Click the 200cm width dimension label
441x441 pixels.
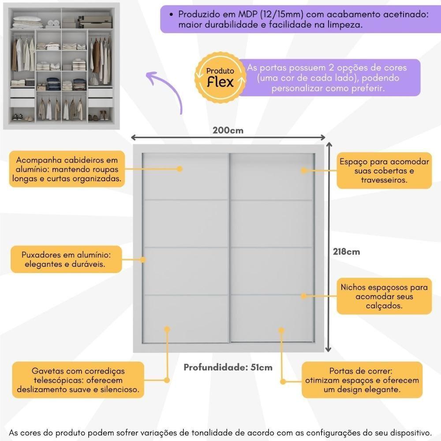coord(228,130)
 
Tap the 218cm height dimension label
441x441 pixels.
coord(346,252)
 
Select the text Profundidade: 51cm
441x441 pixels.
coord(228,367)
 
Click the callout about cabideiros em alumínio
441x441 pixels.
coord(66,169)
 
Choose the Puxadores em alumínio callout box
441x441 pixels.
coord(66,260)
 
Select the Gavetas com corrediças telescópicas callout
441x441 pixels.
coord(78,380)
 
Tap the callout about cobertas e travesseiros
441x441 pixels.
coord(384,171)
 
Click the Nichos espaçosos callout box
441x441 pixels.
coord(384,296)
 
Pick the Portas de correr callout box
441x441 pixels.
coord(361,381)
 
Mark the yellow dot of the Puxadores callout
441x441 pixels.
coord(143,260)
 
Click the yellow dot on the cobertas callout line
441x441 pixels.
coord(303,170)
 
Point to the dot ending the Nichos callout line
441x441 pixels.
coord(303,296)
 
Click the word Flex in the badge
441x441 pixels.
coord(220,82)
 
